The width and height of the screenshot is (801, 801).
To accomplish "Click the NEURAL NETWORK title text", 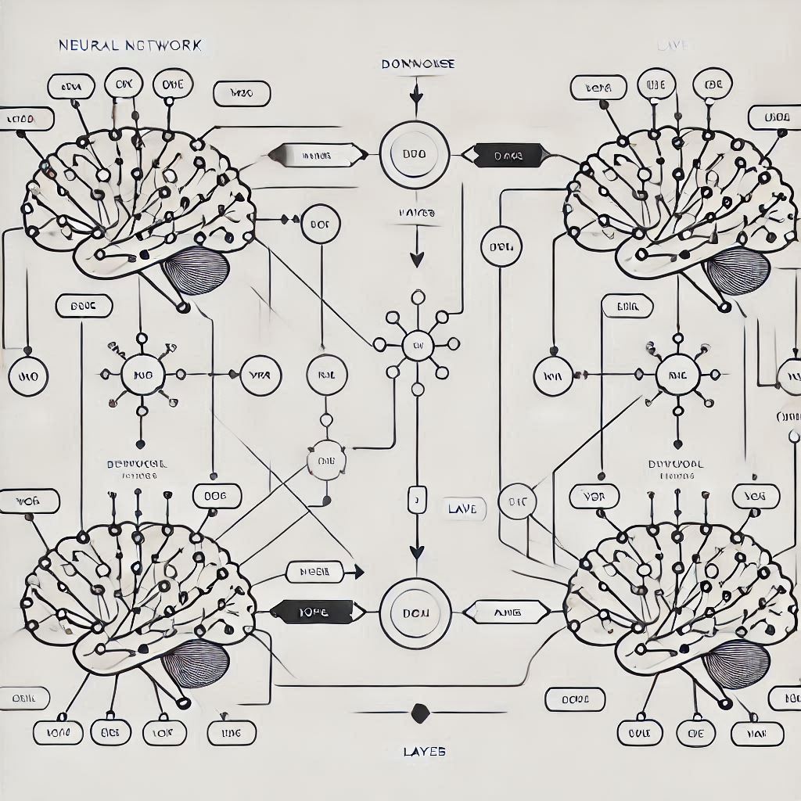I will point(130,45).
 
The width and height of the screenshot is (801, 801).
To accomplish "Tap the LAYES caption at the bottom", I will point(425,752).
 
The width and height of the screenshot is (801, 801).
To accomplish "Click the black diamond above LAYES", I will point(420,713).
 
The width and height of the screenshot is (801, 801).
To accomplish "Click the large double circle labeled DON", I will point(415,613).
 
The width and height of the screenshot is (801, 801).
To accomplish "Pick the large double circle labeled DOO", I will point(415,154).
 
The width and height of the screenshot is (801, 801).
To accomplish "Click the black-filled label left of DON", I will point(314,612).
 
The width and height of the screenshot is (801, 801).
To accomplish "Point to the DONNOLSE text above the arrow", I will point(418,64).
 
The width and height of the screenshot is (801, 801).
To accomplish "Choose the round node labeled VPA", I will point(259,375).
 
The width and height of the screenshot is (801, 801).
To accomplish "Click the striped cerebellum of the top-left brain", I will point(196,268).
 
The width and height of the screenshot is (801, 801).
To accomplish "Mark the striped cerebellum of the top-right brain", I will point(738,270).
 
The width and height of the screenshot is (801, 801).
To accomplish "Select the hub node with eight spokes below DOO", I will point(417,343).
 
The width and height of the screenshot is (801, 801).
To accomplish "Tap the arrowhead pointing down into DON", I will point(417,551).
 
